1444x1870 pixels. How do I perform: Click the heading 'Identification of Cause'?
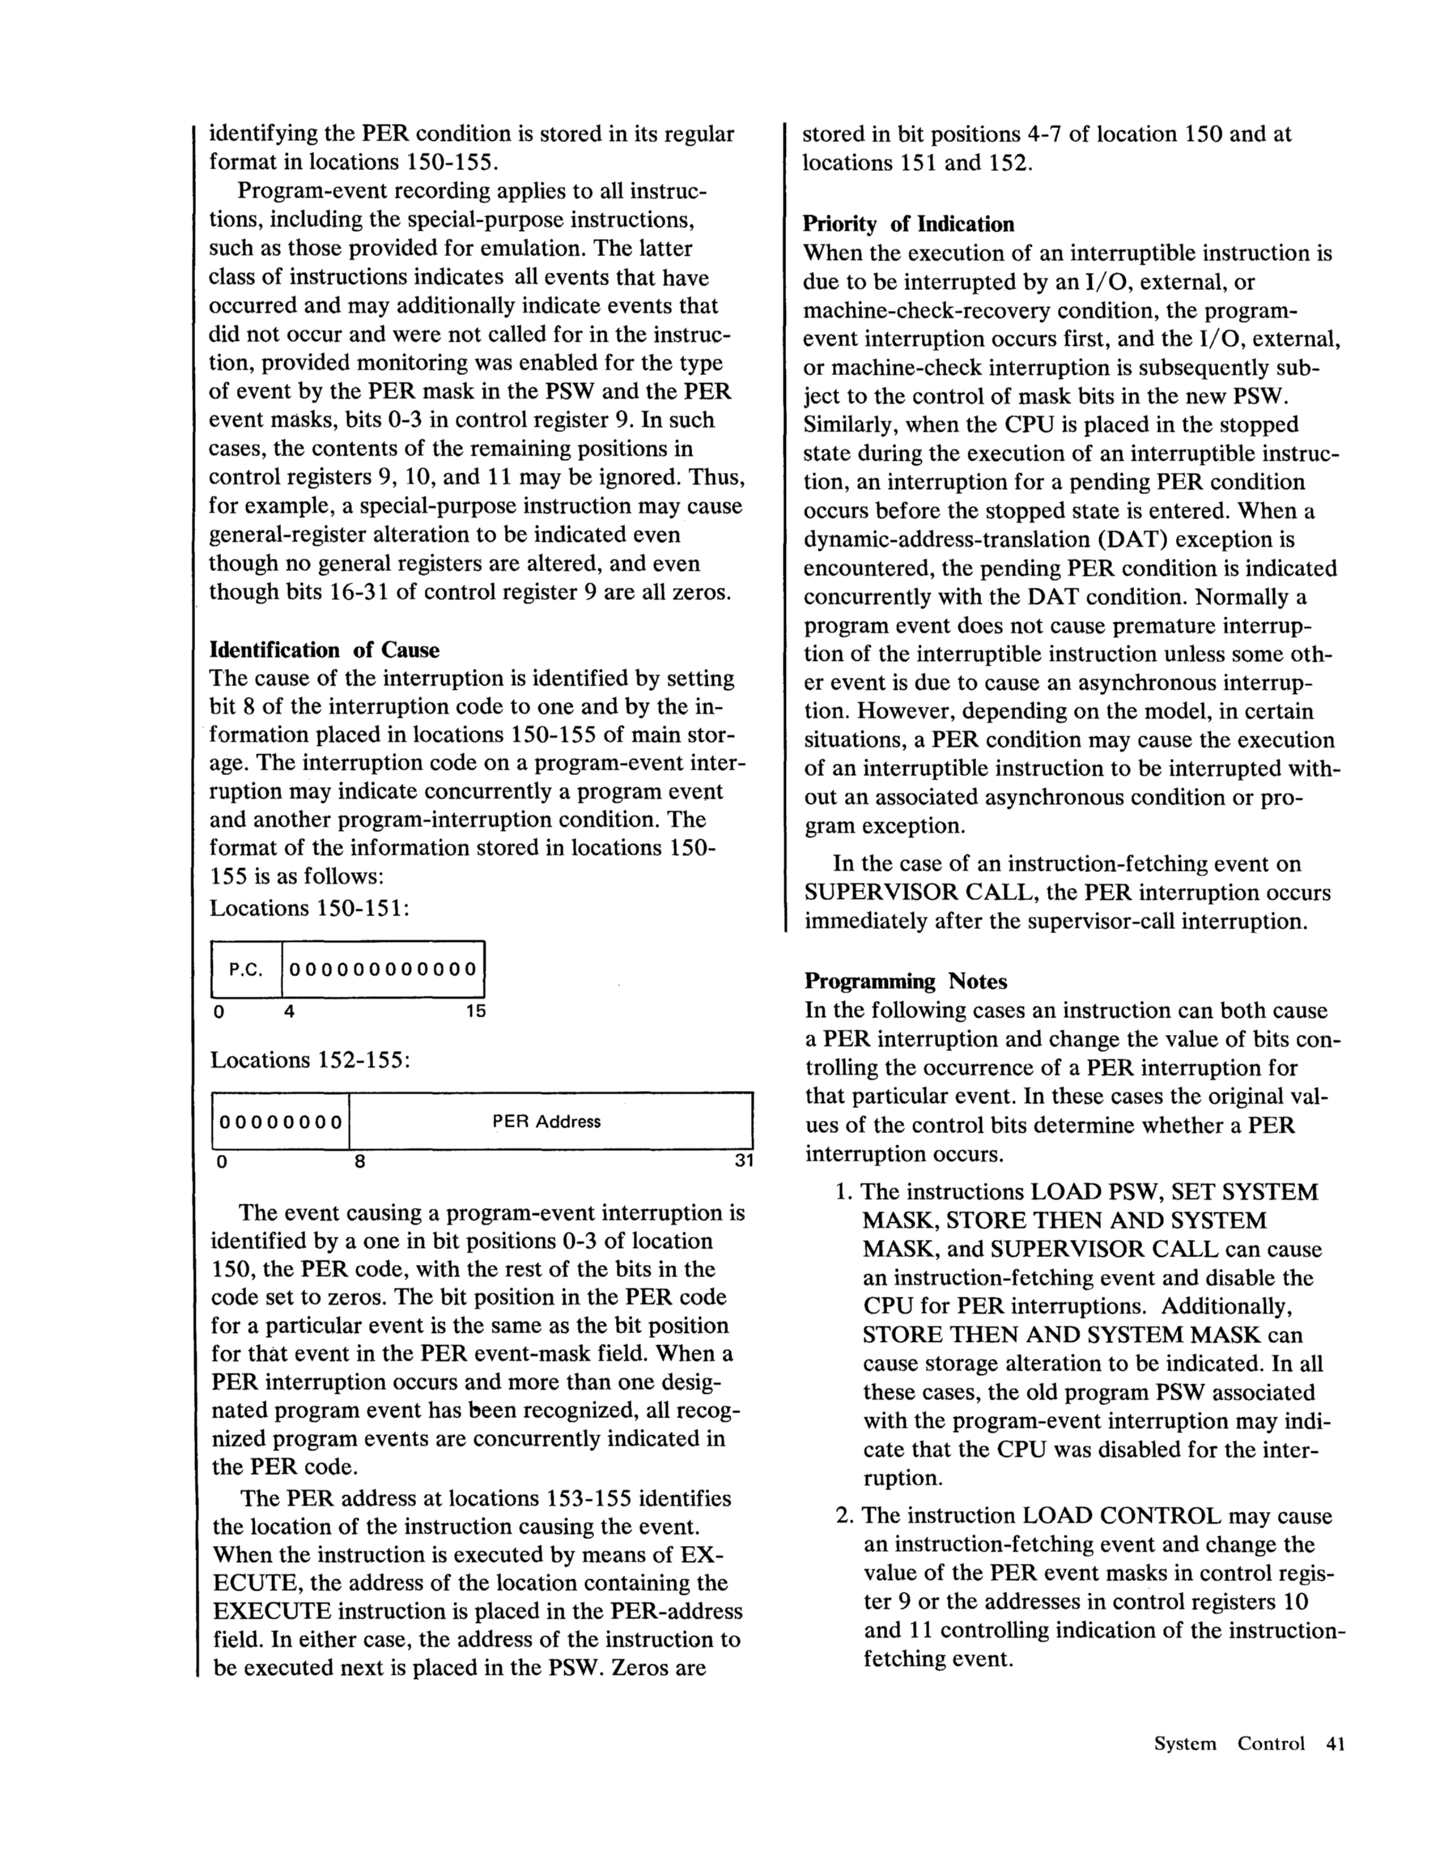click(325, 650)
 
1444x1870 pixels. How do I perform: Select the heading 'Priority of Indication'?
click(907, 224)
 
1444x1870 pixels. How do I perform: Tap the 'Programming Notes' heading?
click(906, 982)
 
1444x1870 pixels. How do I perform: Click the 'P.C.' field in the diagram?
click(246, 969)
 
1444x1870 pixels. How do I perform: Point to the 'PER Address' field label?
click(546, 1122)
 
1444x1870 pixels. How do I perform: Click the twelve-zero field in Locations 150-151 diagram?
click(383, 969)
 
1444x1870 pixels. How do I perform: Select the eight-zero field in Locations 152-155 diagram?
click(281, 1122)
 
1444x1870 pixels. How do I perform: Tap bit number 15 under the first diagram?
click(475, 1012)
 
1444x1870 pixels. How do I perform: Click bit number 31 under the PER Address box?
click(743, 1163)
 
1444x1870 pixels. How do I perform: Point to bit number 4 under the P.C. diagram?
click(289, 1012)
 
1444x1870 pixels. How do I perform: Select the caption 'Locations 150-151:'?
click(310, 909)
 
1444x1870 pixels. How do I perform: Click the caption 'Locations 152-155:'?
click(311, 1061)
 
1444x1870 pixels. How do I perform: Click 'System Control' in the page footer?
click(1229, 1744)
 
